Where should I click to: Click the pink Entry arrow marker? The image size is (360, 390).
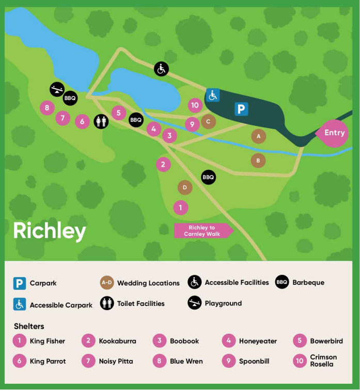[334, 133]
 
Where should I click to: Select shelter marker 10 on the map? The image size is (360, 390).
[195, 106]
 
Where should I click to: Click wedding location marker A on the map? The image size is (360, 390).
[258, 136]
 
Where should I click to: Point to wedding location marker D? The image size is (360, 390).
[185, 187]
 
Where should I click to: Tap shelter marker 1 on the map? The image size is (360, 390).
[180, 207]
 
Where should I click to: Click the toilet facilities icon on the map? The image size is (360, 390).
[101, 121]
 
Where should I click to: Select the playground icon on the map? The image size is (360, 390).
[57, 89]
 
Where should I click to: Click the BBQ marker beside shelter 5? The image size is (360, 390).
[136, 120]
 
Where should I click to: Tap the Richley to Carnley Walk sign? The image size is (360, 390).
[202, 231]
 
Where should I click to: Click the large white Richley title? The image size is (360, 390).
[50, 231]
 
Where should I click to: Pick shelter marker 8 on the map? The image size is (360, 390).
[47, 108]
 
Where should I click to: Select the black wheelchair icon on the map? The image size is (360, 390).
[161, 69]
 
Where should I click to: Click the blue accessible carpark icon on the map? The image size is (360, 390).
[213, 95]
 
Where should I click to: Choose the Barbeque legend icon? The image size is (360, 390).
[282, 282]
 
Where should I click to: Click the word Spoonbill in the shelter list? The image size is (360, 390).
[254, 361]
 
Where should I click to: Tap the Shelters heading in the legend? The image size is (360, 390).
[29, 326]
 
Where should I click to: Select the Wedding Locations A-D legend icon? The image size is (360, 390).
[107, 283]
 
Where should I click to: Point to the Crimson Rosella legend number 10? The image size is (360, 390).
[300, 361]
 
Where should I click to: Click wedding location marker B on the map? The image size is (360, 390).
[258, 160]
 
